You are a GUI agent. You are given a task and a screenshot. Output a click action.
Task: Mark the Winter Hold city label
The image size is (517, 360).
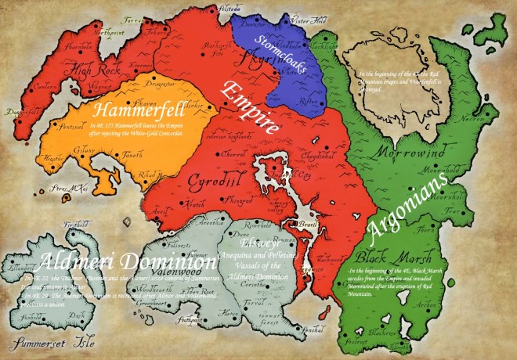coord(307,21)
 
